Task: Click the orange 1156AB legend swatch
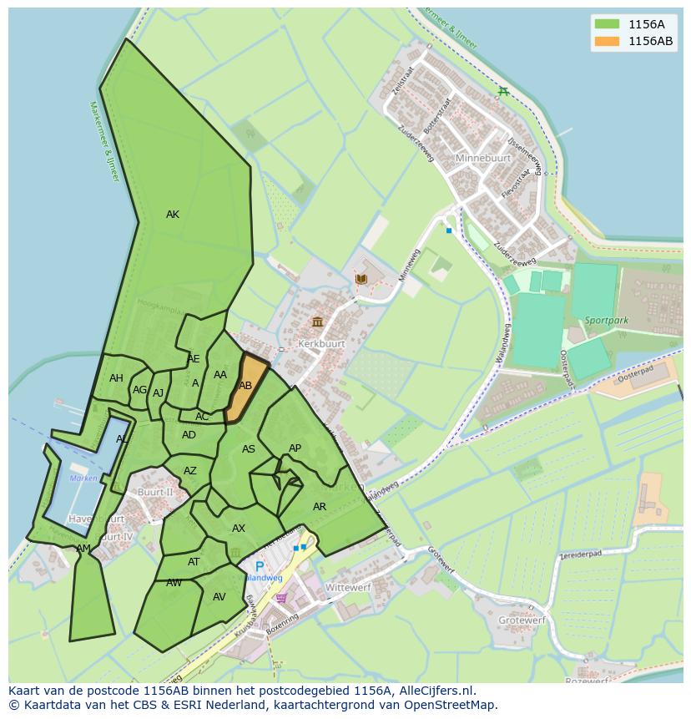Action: coord(607,41)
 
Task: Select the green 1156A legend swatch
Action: coord(607,24)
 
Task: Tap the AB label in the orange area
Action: coord(245,386)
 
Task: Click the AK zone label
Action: coord(173,215)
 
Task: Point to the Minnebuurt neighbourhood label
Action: coord(482,158)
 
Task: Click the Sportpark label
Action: coord(605,320)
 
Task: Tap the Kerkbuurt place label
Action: coord(320,344)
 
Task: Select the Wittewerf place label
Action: coord(348,588)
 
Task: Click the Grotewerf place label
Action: coord(522,620)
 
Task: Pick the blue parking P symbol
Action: coord(260,566)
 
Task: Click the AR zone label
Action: coord(320,507)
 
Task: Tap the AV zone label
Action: coord(219,597)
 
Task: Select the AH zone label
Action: coord(116,378)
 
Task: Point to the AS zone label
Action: coord(249,449)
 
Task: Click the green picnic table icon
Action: coord(502,92)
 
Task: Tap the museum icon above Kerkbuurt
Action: coord(317,322)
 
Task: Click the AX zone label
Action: coord(239,529)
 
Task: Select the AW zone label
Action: coord(174,583)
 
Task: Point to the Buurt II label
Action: coord(154,493)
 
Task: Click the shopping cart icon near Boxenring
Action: coord(281,597)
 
